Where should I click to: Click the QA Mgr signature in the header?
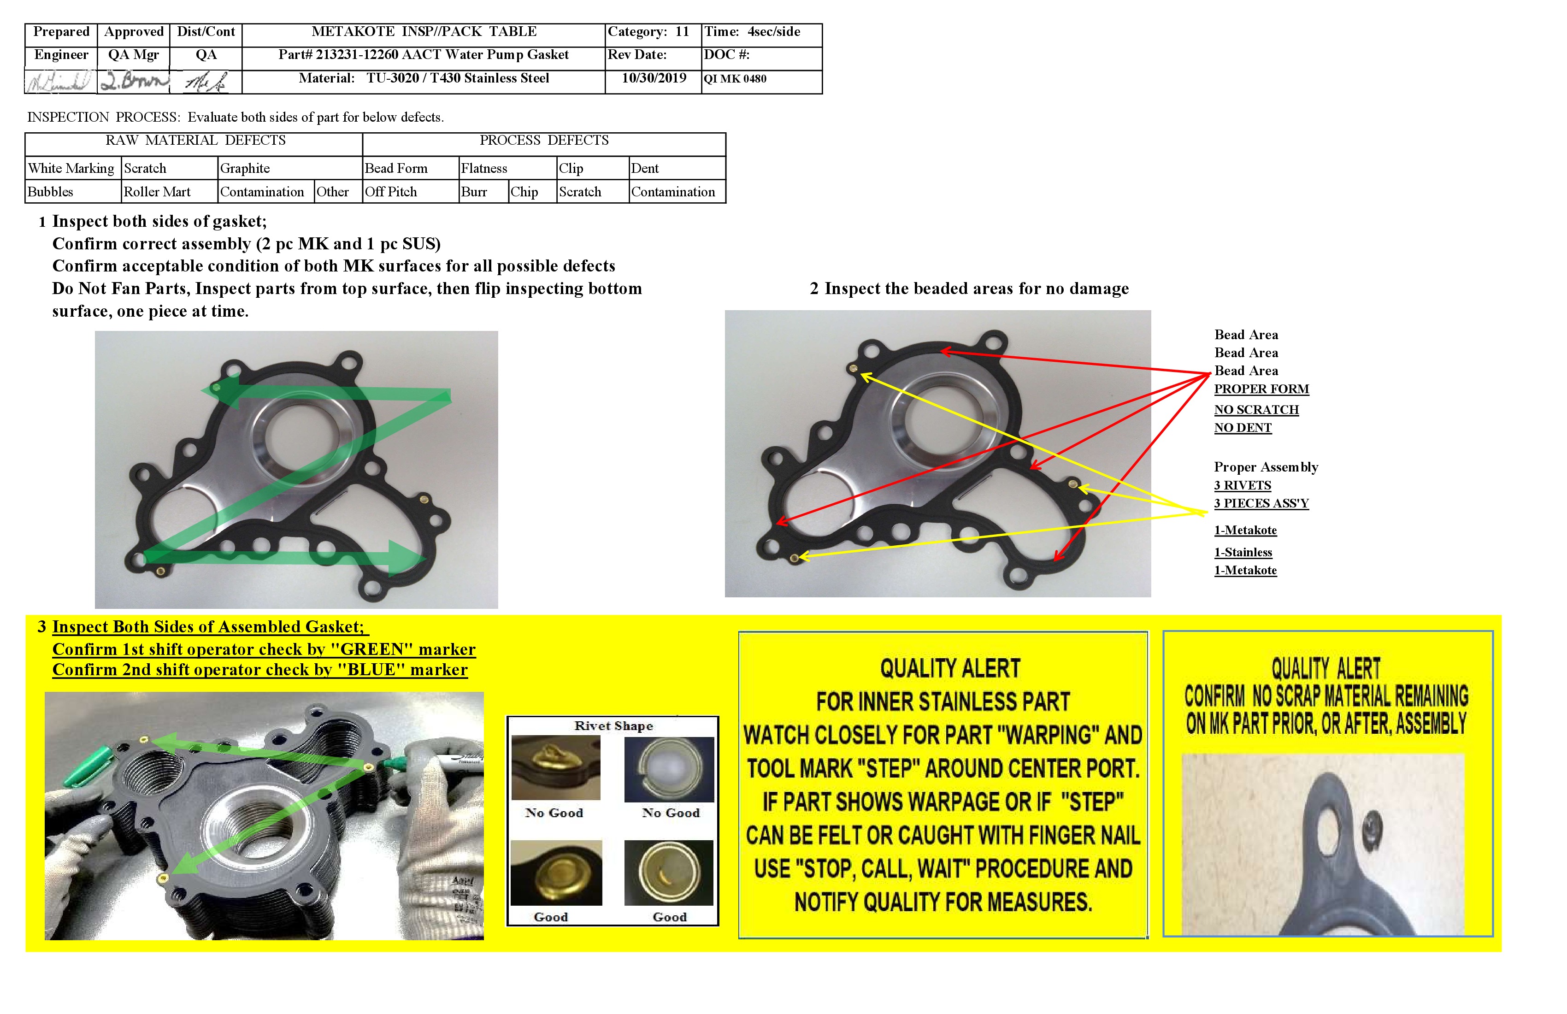pos(134,82)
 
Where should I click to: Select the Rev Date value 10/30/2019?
pos(654,78)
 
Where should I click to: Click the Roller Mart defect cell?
pos(157,192)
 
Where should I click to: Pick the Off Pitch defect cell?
pos(391,192)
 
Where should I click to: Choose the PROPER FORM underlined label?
pos(1261,389)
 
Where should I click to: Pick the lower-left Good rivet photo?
pos(556,873)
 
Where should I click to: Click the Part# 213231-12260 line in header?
pos(424,55)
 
